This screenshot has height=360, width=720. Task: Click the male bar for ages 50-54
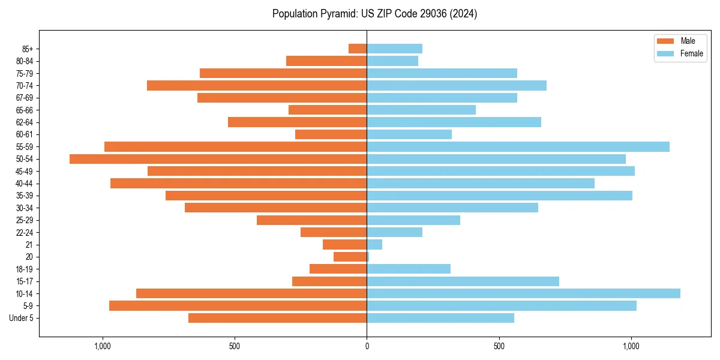coord(218,159)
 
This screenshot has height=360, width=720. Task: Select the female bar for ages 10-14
coord(523,293)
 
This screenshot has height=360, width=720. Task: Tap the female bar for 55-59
coord(518,146)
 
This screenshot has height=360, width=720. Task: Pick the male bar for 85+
coord(358,49)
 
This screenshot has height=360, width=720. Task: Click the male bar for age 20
coord(350,257)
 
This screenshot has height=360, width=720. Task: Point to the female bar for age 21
coord(374,244)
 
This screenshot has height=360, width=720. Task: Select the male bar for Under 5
coord(277,318)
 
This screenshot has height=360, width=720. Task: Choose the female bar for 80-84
coord(392,61)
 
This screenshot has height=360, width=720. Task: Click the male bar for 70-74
coord(257,85)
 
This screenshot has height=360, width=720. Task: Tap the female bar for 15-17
coord(463,281)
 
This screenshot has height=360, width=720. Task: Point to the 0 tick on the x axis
coord(367,346)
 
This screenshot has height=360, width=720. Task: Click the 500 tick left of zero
coord(235,346)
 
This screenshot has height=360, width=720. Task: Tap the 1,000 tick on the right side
coord(631,346)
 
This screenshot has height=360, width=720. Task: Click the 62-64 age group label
coord(25,122)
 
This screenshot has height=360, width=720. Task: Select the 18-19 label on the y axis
coord(25,269)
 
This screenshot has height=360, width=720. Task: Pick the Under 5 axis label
coord(22,318)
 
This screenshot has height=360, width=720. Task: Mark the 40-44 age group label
coord(25,184)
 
